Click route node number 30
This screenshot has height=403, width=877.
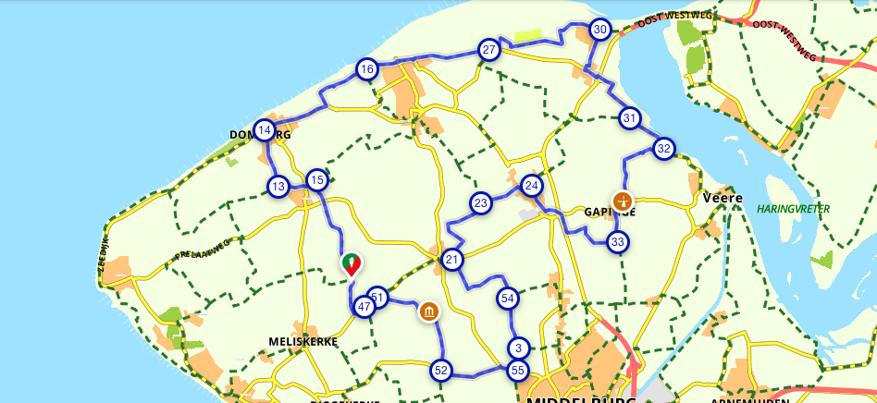pos(600,30)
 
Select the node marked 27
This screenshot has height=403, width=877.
pos(488,50)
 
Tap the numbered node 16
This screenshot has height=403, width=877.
pos(367,69)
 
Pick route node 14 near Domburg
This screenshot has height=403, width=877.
pos(265,130)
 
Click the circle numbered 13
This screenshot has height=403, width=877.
pos(278,187)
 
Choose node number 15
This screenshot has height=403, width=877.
pos(317,180)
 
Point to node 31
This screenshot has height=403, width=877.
pos(630,118)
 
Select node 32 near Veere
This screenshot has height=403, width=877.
pos(663,148)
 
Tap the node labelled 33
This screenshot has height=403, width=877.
pos(618,242)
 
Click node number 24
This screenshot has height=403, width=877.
pos(531,185)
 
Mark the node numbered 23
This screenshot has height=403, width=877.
pos(480,203)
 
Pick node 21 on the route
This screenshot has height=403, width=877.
pos(451,260)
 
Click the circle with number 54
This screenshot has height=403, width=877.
pos(507,298)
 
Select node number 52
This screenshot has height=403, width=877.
pos(441,371)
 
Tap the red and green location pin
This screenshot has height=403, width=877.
pos(352,265)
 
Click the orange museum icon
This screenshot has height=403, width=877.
pos(428,311)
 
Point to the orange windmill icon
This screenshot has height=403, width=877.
pos(624,200)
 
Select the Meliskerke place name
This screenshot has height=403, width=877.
pos(303,342)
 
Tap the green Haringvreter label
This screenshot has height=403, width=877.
pos(793,210)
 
